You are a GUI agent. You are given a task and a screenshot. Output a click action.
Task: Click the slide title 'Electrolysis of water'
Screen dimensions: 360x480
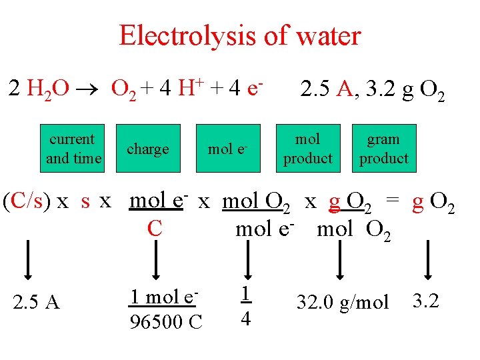tap(239, 35)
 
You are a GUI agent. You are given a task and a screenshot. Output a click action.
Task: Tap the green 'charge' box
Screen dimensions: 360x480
tap(147, 149)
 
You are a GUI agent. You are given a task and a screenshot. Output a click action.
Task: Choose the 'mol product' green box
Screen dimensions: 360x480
tap(307, 149)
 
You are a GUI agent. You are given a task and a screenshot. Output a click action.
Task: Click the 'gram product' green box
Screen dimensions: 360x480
tap(383, 149)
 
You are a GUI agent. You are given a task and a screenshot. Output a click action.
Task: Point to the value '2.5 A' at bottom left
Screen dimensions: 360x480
tap(36, 303)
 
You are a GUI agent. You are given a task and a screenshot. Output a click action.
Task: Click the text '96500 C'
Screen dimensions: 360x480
tap(165, 321)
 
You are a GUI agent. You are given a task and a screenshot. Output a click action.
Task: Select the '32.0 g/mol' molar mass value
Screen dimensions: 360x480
tap(342, 303)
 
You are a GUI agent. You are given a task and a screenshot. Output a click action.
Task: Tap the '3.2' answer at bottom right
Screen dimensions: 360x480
tap(426, 301)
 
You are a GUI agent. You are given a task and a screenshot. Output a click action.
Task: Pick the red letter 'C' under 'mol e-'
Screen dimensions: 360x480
tap(155, 229)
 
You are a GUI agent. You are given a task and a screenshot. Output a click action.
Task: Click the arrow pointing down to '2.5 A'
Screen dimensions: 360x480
tap(28, 260)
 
